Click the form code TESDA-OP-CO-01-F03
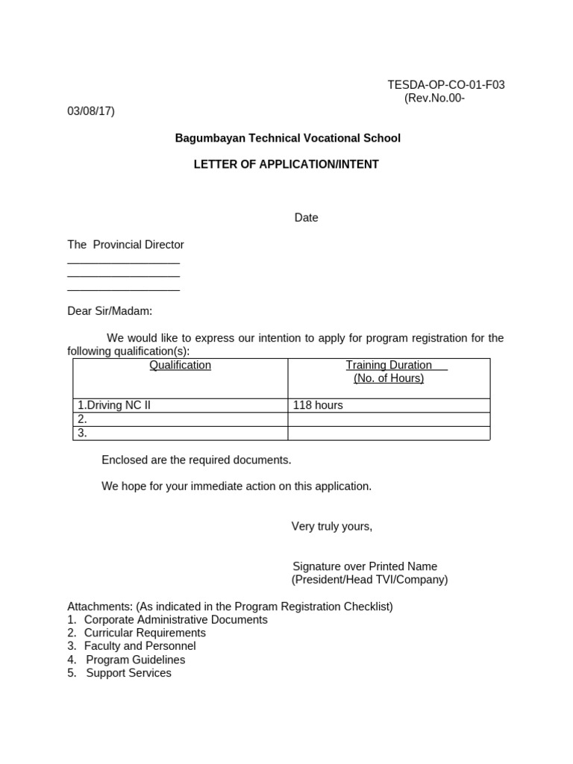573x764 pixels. pyautogui.click(x=446, y=84)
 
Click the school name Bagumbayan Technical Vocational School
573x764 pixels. pyautogui.click(x=287, y=138)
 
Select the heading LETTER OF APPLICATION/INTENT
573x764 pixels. pyautogui.click(x=286, y=164)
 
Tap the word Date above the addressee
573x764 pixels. pyautogui.click(x=306, y=218)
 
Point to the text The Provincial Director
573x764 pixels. pyautogui.click(x=125, y=245)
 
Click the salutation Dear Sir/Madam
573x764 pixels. pyautogui.click(x=110, y=310)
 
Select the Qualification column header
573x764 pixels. pyautogui.click(x=180, y=366)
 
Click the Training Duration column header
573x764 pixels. pyautogui.click(x=389, y=366)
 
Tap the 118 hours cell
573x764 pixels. pyautogui.click(x=318, y=405)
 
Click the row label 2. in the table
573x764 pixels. pyautogui.click(x=83, y=419)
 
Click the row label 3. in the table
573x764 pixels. pyautogui.click(x=83, y=433)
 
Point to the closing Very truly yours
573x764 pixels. pyautogui.click(x=331, y=527)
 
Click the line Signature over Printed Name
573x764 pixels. pyautogui.click(x=365, y=566)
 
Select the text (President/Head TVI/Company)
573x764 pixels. pyautogui.click(x=369, y=580)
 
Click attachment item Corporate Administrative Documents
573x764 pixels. pyautogui.click(x=175, y=619)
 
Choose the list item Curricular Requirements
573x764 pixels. pyautogui.click(x=145, y=633)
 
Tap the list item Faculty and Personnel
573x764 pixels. pyautogui.click(x=140, y=646)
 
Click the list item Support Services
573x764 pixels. pyautogui.click(x=128, y=673)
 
